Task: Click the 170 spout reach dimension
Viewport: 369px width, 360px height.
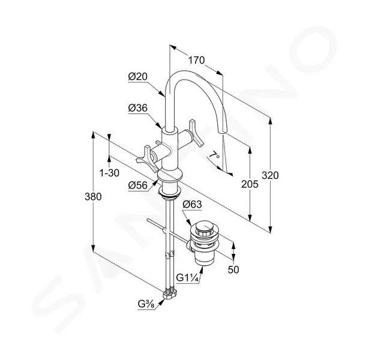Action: click(x=196, y=61)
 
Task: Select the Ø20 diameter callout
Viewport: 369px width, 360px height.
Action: click(x=137, y=76)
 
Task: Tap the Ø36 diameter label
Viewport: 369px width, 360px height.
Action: click(x=137, y=108)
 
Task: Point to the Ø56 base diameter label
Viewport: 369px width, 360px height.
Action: click(x=137, y=185)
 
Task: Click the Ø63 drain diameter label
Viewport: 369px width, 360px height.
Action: click(x=192, y=205)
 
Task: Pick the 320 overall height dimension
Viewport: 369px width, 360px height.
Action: click(x=270, y=175)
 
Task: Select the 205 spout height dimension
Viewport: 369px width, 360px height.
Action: click(x=250, y=184)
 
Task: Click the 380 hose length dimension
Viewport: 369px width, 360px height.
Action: click(x=93, y=197)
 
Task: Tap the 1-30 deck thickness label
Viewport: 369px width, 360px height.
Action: click(x=109, y=173)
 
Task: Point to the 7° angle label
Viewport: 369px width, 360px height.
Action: click(x=214, y=156)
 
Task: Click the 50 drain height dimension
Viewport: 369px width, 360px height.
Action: click(x=233, y=269)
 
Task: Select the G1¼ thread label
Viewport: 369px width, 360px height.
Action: click(x=188, y=278)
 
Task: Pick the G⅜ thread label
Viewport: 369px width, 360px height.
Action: click(x=146, y=304)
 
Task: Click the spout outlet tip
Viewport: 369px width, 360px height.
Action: click(x=223, y=131)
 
